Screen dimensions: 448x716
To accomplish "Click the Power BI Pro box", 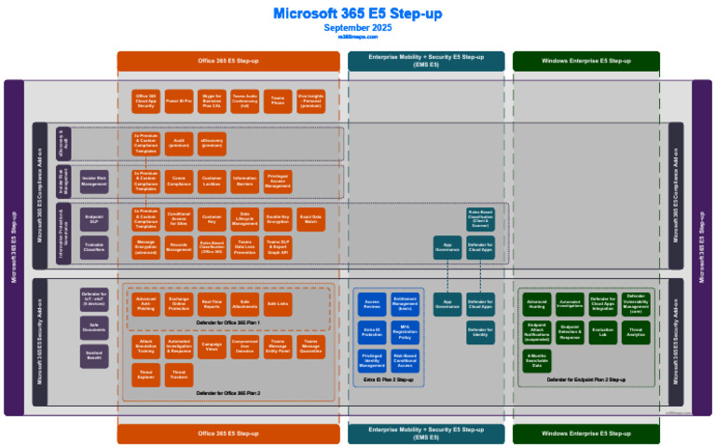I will [x=179, y=99].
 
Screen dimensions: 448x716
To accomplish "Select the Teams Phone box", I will [x=278, y=99].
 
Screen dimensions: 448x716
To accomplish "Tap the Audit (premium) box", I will [x=179, y=141].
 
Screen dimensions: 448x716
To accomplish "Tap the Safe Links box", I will [x=278, y=303].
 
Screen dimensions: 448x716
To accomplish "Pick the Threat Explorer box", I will [x=146, y=374].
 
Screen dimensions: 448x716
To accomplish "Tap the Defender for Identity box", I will [x=480, y=331].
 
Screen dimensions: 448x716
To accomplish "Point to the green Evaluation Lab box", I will [x=602, y=331].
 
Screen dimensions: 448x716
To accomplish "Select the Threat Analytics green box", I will [x=635, y=331].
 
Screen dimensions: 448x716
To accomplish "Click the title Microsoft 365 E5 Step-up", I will [x=358, y=13].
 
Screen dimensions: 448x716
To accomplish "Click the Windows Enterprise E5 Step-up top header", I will [x=585, y=61].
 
